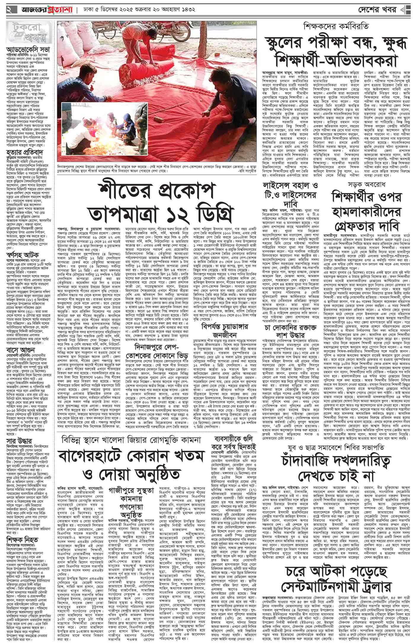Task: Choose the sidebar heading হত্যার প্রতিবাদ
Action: click(x=21, y=153)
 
